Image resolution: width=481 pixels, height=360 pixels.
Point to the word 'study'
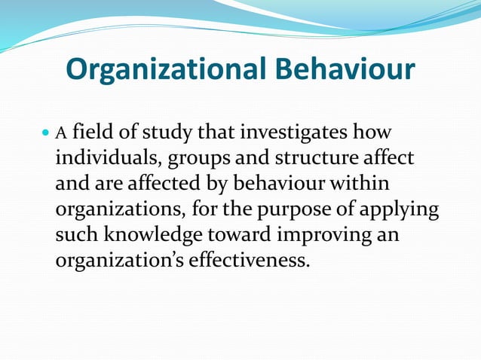pyautogui.click(x=167, y=135)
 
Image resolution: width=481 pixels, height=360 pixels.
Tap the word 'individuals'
pyautogui.click(x=107, y=159)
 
